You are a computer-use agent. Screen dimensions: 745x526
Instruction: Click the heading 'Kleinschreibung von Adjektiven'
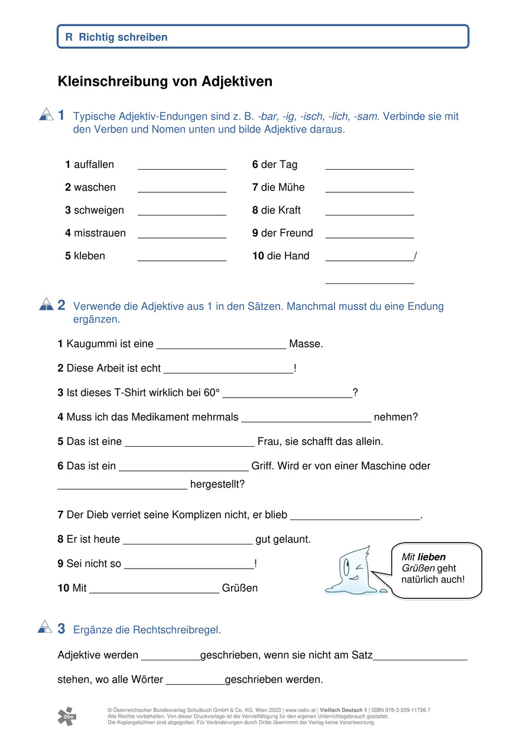click(x=165, y=82)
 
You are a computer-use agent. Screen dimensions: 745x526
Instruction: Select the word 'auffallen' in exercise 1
click(x=94, y=165)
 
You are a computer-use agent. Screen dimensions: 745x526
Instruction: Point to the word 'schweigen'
click(x=99, y=210)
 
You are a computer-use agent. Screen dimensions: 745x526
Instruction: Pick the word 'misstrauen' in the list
click(x=99, y=233)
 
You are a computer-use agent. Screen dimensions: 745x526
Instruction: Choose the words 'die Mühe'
click(x=283, y=188)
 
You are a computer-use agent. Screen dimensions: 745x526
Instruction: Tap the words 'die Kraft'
click(x=281, y=210)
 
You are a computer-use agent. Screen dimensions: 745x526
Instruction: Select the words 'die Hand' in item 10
click(x=288, y=256)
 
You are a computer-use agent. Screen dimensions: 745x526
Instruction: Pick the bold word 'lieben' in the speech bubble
click(x=431, y=557)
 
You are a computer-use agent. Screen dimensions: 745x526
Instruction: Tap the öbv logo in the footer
click(x=67, y=716)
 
